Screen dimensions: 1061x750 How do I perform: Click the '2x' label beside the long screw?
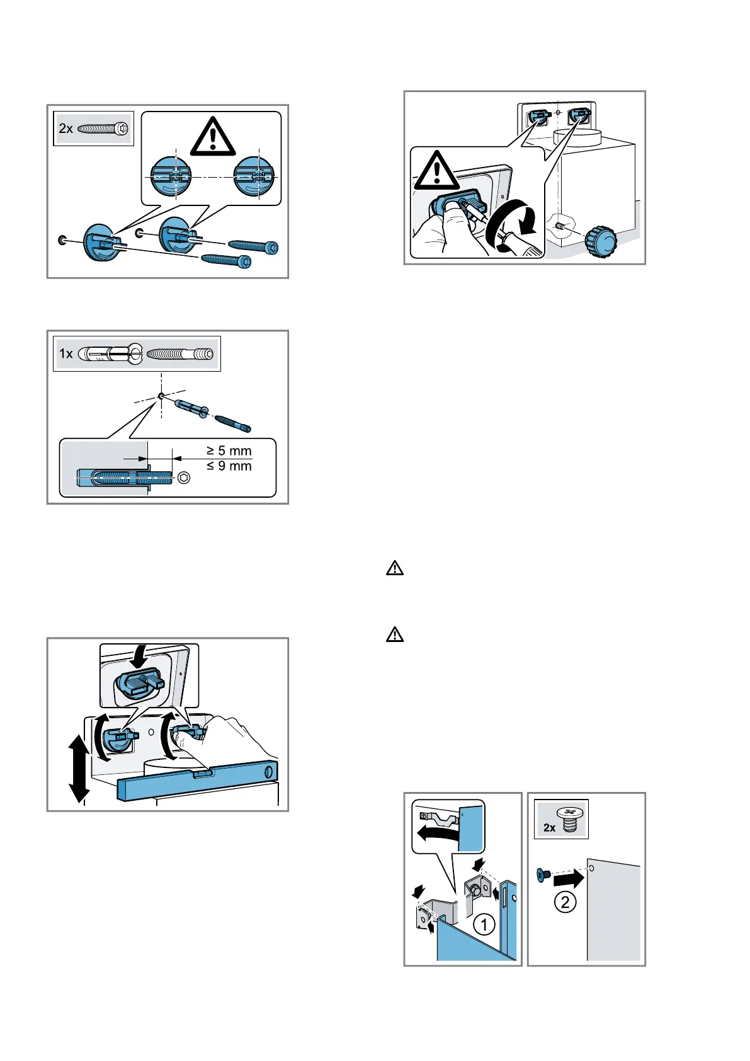(65, 128)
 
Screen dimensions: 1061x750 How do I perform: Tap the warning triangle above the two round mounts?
(213, 137)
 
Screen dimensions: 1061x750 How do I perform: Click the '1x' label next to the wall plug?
(66, 353)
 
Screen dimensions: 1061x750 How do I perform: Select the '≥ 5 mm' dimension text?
(229, 450)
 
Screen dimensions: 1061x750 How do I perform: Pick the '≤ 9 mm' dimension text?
(229, 466)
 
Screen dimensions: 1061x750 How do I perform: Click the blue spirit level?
(197, 781)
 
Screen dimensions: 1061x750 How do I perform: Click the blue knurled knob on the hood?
(601, 241)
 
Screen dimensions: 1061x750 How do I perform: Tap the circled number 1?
(484, 925)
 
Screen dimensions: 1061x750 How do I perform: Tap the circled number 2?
(565, 902)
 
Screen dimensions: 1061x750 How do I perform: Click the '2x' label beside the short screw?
(549, 827)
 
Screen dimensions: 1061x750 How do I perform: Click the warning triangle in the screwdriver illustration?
(438, 171)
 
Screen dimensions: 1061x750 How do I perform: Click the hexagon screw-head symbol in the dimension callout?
(185, 478)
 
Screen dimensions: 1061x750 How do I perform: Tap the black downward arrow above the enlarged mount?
(139, 658)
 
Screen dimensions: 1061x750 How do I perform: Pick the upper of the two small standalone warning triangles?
(394, 568)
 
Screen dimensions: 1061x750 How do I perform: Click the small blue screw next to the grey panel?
(542, 875)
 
